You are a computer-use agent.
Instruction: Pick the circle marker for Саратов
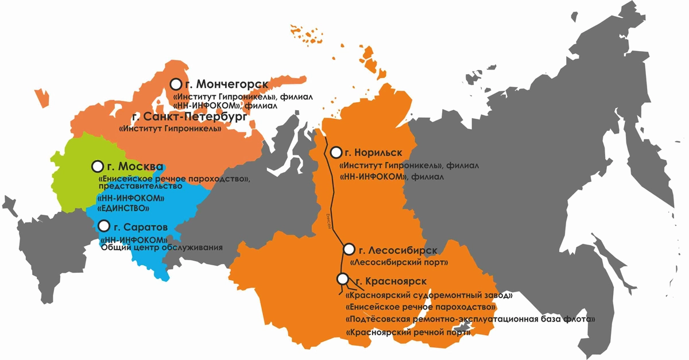click(x=103, y=225)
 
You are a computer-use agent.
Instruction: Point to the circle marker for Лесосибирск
click(x=348, y=249)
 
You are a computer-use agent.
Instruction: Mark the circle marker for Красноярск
click(x=343, y=279)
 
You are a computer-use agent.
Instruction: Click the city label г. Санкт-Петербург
click(x=189, y=117)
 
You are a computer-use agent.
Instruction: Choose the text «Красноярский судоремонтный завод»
click(x=428, y=295)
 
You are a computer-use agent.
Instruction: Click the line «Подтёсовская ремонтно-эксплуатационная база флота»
click(x=470, y=319)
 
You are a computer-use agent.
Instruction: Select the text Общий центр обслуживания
click(x=161, y=247)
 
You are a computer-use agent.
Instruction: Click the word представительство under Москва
click(x=140, y=186)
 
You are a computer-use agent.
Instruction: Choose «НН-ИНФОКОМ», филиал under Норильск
click(x=392, y=177)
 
